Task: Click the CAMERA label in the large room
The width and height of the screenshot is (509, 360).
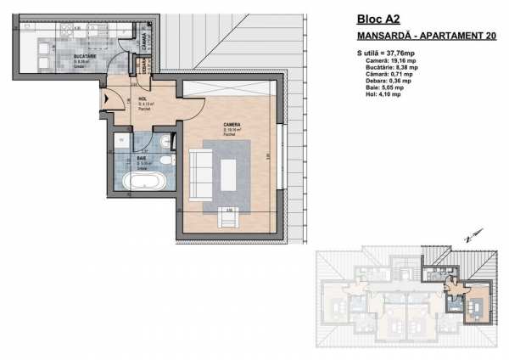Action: point(232,124)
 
